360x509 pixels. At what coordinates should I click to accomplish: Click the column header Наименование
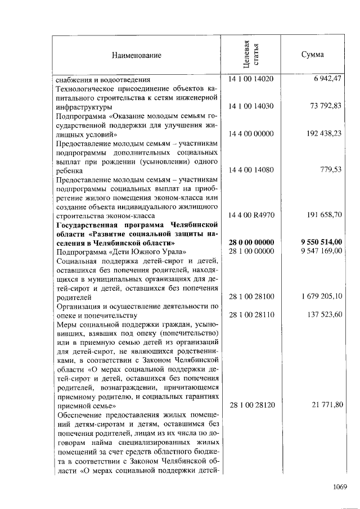pos(136,55)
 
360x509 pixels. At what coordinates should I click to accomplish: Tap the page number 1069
pos(339,487)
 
